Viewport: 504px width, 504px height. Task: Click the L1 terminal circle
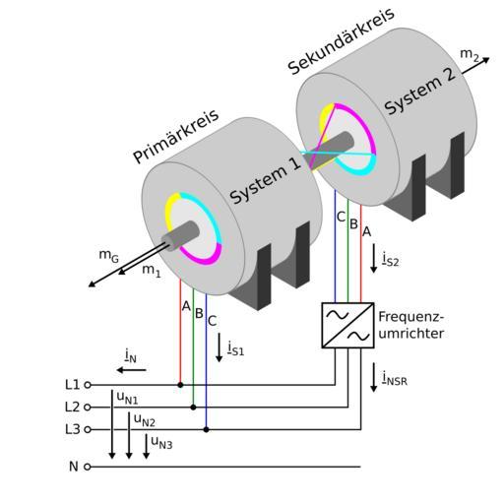(88, 385)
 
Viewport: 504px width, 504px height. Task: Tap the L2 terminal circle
(88, 408)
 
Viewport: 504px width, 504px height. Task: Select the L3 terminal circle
(88, 429)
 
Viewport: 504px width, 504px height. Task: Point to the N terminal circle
(88, 467)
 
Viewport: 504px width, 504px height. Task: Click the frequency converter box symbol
(347, 325)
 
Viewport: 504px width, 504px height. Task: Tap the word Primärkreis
(176, 136)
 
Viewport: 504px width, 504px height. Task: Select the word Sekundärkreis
(342, 41)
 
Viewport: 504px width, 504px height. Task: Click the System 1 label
(265, 180)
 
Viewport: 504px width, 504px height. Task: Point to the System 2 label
(420, 92)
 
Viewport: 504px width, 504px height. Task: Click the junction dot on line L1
(180, 385)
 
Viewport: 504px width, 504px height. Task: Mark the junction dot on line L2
(193, 408)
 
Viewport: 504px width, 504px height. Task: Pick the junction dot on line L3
(206, 429)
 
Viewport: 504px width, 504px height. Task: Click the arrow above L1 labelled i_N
(131, 370)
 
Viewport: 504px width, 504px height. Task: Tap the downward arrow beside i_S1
(220, 347)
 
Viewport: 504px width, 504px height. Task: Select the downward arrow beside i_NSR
(373, 377)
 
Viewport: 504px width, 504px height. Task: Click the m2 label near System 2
(470, 55)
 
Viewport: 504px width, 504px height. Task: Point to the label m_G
(108, 256)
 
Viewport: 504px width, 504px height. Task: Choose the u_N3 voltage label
(161, 442)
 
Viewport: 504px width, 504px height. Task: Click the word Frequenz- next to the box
(411, 317)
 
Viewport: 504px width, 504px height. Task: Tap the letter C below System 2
(341, 217)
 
